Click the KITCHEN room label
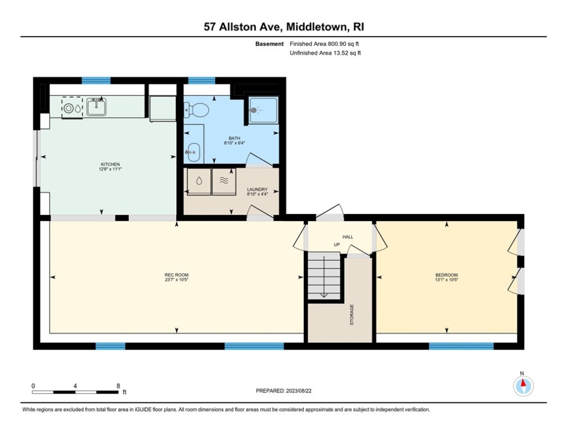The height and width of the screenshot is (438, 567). [x=111, y=164]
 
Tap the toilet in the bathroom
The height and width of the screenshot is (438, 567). [x=199, y=108]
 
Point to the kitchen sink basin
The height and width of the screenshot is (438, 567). [x=96, y=107]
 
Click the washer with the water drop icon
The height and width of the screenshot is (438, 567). [x=199, y=181]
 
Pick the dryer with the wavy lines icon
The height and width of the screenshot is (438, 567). [x=223, y=181]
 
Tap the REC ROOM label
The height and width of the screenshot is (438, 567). [x=176, y=275]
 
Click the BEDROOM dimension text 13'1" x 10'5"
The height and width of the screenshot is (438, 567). [x=446, y=280]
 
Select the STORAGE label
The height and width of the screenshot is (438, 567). [x=352, y=314]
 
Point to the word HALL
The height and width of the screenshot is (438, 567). [x=348, y=236]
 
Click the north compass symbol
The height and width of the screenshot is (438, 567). [x=523, y=386]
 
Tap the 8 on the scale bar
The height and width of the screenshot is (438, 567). [x=118, y=386]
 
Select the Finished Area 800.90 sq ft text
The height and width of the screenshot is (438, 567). [x=325, y=44]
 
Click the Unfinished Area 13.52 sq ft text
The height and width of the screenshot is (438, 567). [x=325, y=53]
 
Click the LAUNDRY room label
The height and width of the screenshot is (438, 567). [x=257, y=190]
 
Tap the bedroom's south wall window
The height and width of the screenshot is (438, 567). [x=461, y=346]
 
